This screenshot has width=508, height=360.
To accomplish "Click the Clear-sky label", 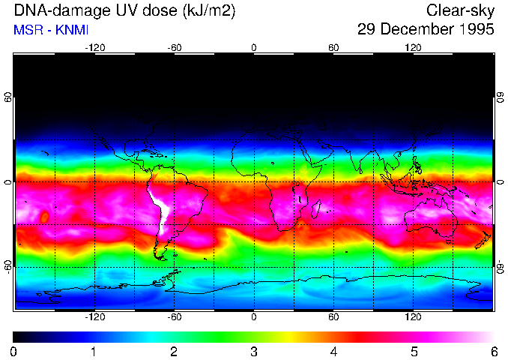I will [460, 10].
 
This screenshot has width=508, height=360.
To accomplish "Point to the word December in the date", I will [414, 30].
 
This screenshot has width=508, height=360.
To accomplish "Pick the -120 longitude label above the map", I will [94, 47].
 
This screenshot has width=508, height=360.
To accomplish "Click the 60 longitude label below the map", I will [333, 316].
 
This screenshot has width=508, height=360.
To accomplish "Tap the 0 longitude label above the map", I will [254, 47].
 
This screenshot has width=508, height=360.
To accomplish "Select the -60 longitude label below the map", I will [174, 316].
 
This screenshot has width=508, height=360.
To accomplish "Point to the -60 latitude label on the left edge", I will [8, 266].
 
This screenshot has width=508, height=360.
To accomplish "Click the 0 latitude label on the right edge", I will [501, 182].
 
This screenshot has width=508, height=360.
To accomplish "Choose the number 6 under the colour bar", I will [493, 351].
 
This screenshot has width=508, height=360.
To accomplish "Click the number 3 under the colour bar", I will [254, 351].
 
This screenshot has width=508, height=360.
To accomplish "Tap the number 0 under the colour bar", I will [14, 351].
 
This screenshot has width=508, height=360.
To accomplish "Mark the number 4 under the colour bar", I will [333, 351].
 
